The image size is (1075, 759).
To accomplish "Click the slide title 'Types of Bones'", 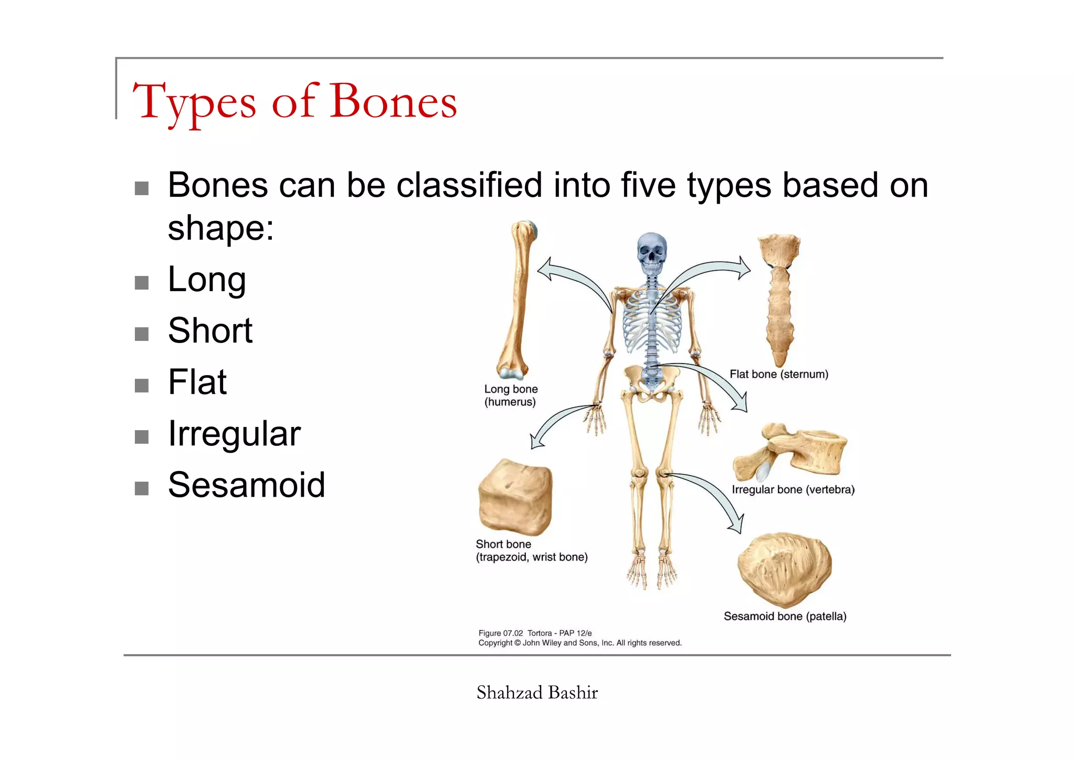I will click(x=294, y=102).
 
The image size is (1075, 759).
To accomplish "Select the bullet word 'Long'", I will click(x=207, y=280).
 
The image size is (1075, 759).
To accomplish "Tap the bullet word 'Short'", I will click(x=210, y=331).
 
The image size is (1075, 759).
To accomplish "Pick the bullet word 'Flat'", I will click(x=197, y=382).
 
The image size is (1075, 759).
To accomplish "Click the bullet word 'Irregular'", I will click(x=234, y=434).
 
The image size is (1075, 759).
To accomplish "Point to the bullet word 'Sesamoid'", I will click(x=246, y=485).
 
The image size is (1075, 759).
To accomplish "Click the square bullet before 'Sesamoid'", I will click(x=142, y=488).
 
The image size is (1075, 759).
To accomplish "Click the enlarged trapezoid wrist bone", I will click(x=515, y=497).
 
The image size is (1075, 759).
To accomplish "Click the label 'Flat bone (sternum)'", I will click(x=779, y=375).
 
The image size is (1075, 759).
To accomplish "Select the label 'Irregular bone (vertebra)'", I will click(x=793, y=490).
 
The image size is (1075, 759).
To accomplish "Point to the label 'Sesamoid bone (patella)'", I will click(x=785, y=616).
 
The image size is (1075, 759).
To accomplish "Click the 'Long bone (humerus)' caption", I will click(x=511, y=395).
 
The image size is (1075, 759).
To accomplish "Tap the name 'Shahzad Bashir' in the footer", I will click(x=537, y=693).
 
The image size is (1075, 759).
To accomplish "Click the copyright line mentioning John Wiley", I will click(x=579, y=643).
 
